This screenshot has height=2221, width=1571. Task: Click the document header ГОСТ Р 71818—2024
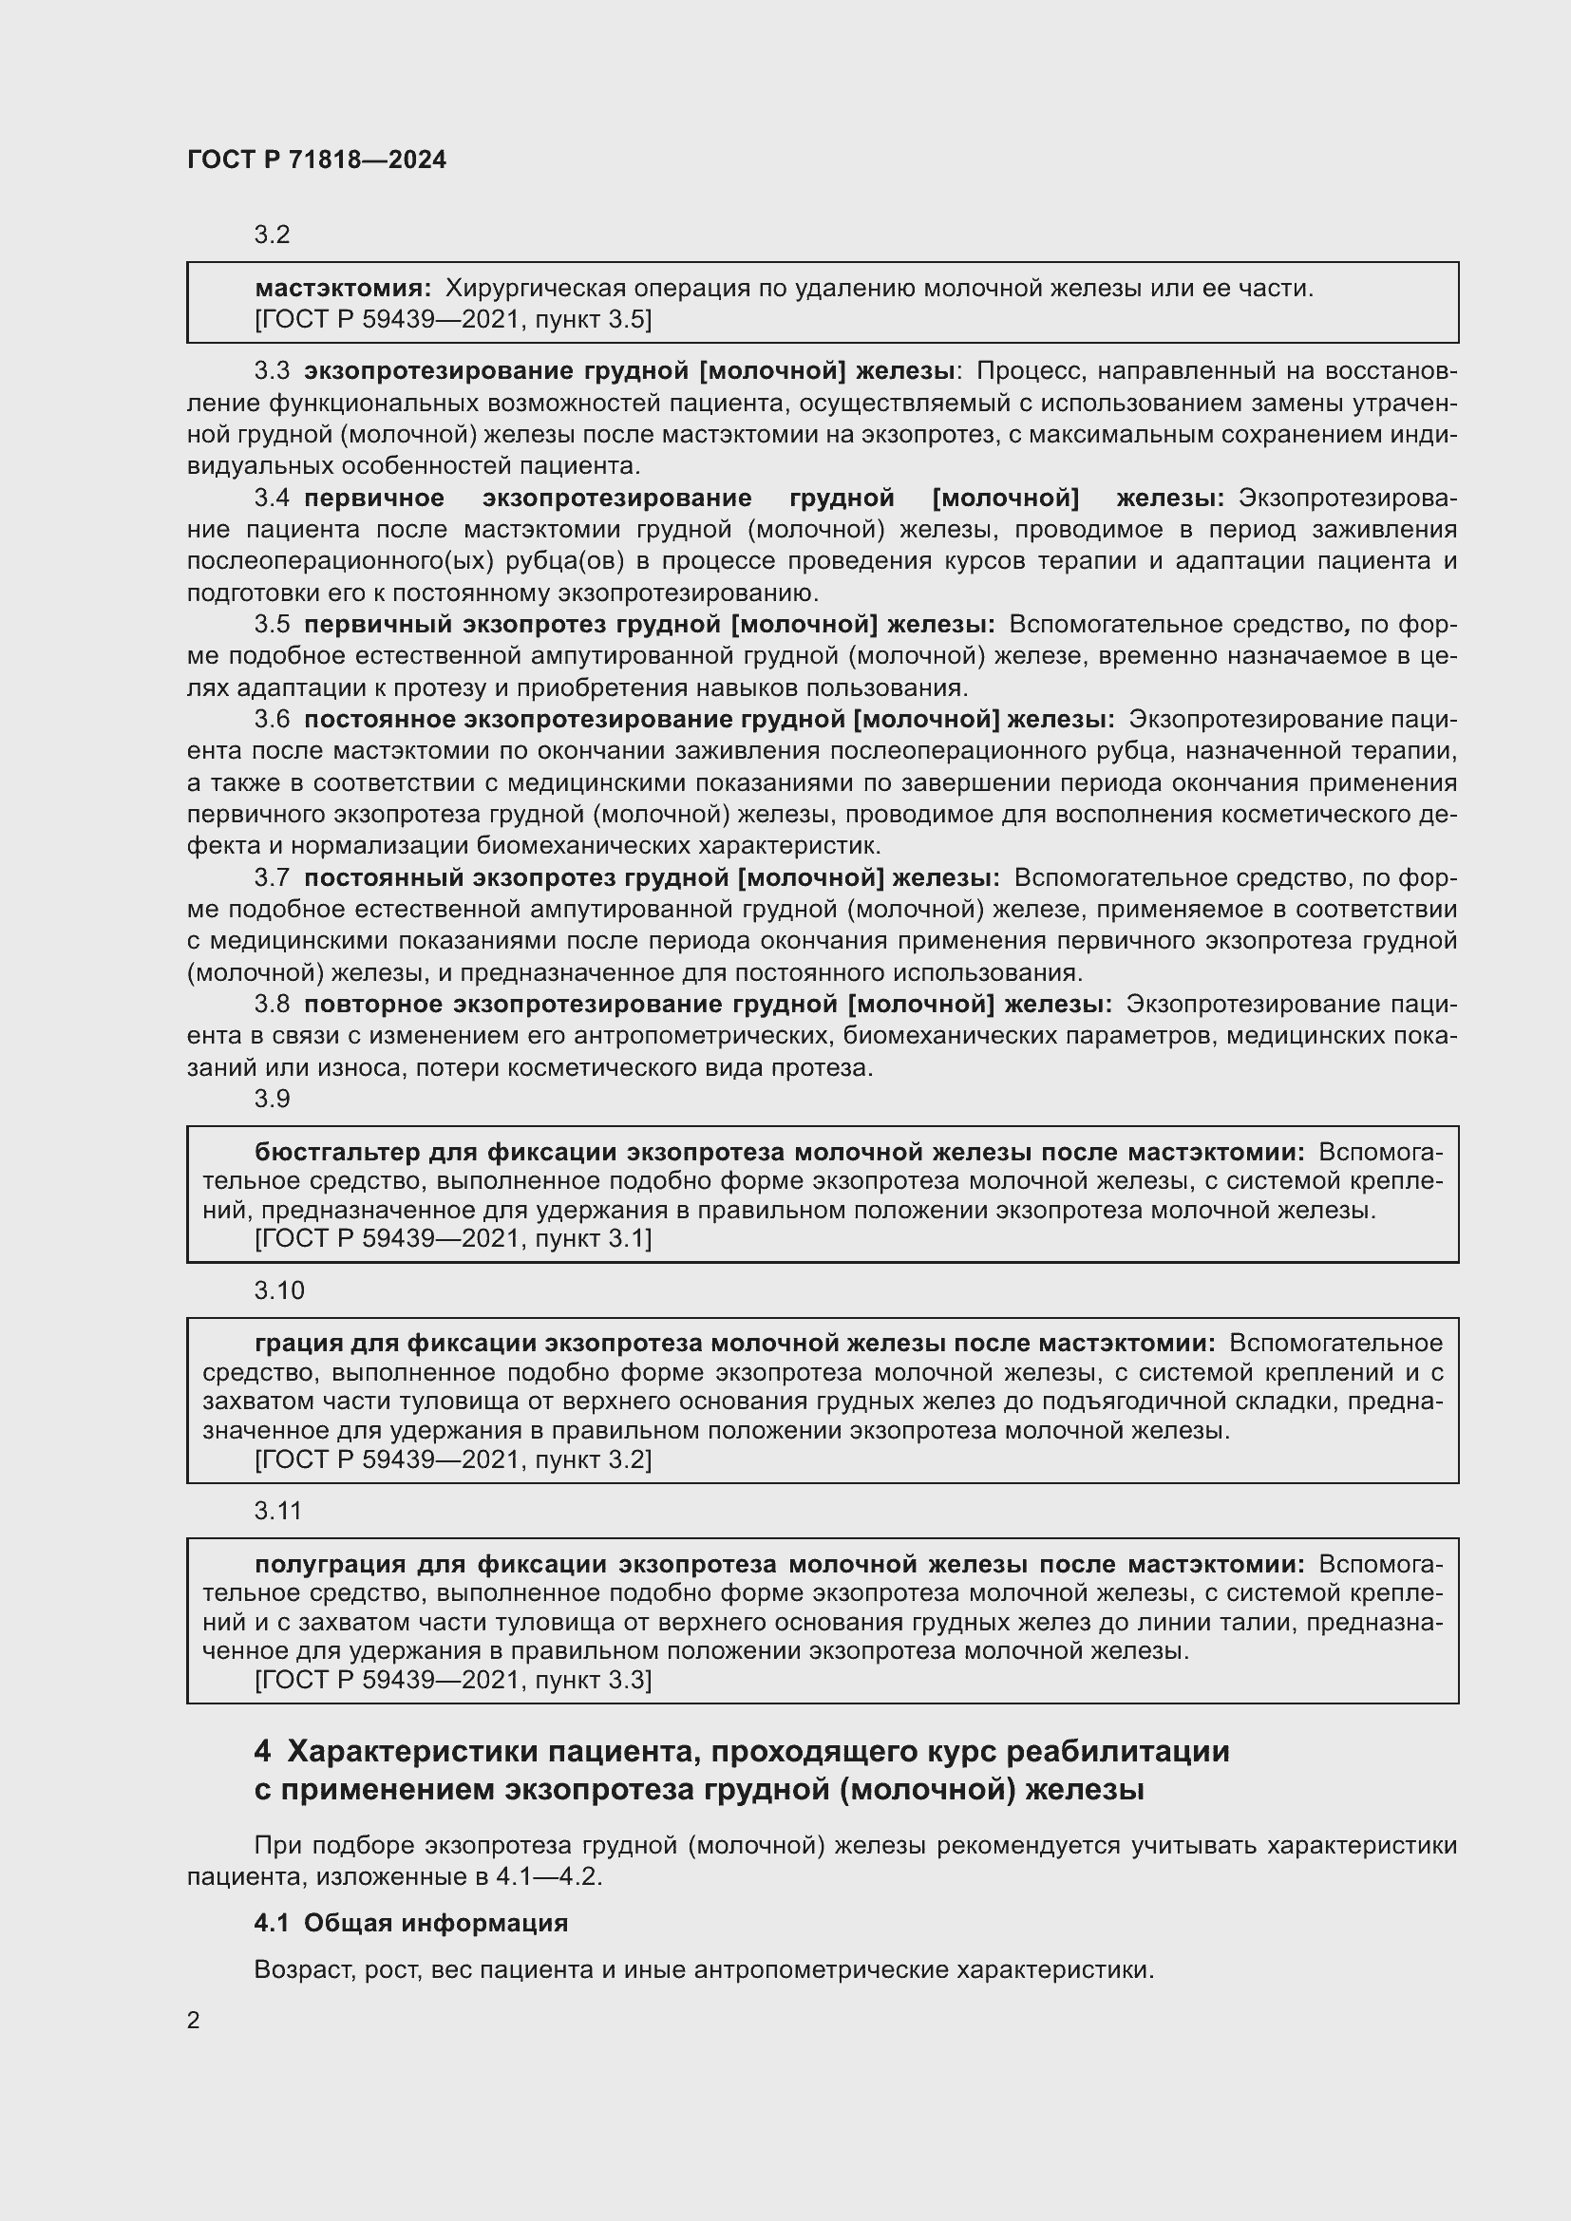click(x=316, y=160)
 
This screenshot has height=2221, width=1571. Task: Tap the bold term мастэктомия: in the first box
click(x=343, y=289)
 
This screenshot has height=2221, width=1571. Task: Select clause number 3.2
click(x=272, y=235)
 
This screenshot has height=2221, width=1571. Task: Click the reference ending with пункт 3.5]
click(x=453, y=319)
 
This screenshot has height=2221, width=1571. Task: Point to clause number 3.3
click(x=272, y=370)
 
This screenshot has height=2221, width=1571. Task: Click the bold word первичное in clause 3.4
click(x=373, y=499)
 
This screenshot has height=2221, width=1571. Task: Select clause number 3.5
click(x=272, y=625)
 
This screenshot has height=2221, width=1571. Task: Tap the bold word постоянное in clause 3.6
click(x=379, y=720)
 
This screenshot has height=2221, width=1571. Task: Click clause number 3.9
click(x=272, y=1099)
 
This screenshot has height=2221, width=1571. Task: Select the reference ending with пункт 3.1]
click(x=453, y=1238)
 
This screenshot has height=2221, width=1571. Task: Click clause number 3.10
click(x=278, y=1290)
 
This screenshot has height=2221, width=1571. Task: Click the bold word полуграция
click(x=329, y=1564)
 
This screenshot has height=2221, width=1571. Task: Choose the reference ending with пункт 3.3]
click(x=453, y=1680)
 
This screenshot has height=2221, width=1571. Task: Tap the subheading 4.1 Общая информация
click(x=410, y=1923)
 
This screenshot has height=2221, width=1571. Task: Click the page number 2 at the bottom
click(x=194, y=2021)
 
